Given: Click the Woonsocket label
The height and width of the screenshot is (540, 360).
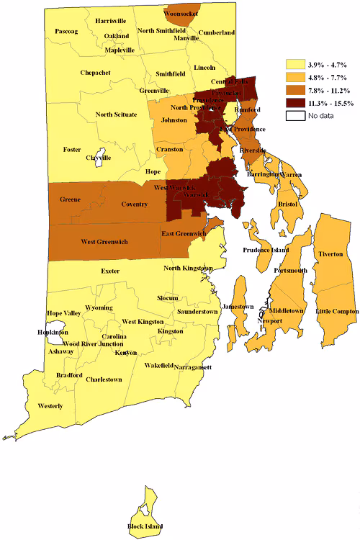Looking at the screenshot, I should [181, 14].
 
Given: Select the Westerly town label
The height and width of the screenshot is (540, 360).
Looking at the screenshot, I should [50, 406].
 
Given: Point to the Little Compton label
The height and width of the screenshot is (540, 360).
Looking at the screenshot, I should [336, 310].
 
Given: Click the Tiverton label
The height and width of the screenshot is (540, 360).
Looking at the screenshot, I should [331, 255].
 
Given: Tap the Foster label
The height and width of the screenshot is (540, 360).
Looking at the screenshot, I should [72, 150].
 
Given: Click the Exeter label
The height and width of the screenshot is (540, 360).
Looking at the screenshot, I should [110, 271].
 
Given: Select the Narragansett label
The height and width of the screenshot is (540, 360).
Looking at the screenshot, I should [192, 367].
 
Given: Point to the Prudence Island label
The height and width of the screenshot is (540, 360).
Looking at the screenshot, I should [265, 250].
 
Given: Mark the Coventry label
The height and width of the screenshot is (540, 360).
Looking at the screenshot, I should [134, 204].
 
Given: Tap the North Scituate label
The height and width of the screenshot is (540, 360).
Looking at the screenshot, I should [116, 114].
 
